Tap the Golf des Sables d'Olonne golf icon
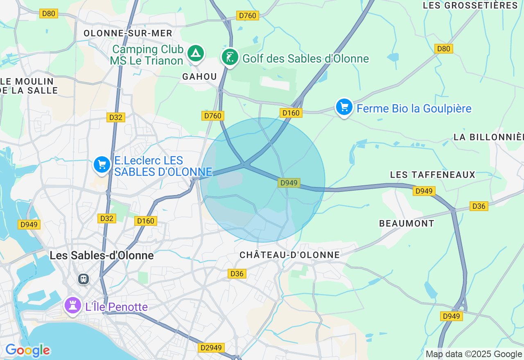[x=230, y=57]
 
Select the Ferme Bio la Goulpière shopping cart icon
[x=344, y=107]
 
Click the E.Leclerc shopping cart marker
[x=102, y=164]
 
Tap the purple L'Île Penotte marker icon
[x=72, y=305]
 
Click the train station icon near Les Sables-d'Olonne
[x=84, y=279]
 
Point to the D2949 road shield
[x=211, y=348]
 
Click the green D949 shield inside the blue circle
[x=289, y=183]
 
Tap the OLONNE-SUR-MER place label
[x=128, y=33]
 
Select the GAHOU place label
[x=199, y=76]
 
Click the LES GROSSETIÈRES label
[x=470, y=5]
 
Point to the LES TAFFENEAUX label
[x=433, y=175]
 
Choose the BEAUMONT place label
[x=407, y=223]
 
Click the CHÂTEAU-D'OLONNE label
[x=289, y=255]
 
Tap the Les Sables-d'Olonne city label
[x=102, y=256]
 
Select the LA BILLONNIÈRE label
[x=488, y=137]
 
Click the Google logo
[x=27, y=351]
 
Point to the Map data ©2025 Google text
[x=474, y=354]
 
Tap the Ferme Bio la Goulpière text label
[x=414, y=108]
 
